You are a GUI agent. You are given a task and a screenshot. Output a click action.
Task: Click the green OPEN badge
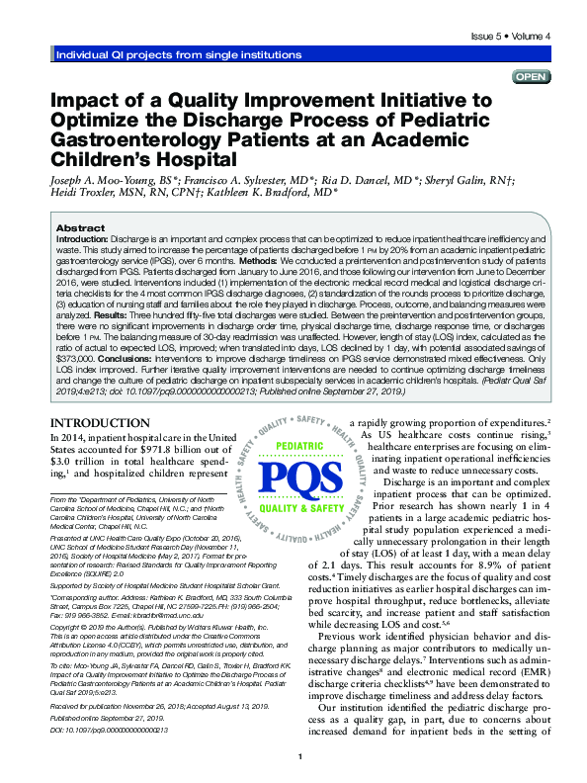click(x=530, y=77)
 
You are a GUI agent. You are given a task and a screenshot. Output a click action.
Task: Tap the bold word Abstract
click(x=81, y=227)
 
